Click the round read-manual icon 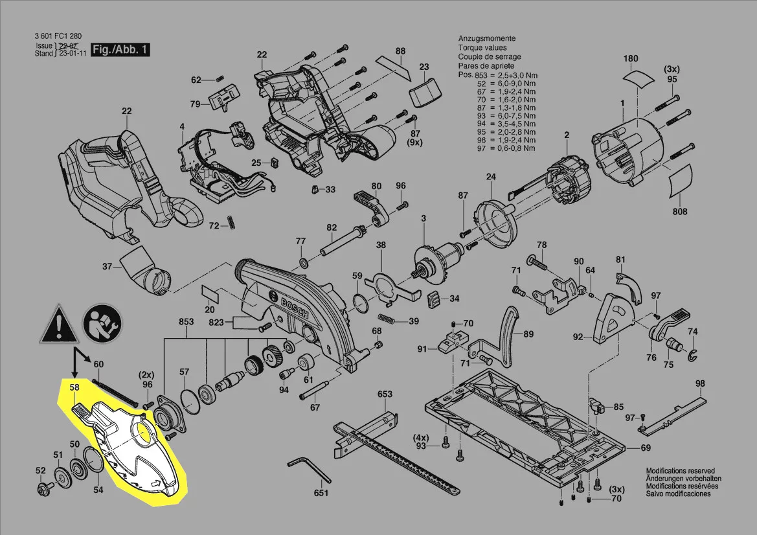100,322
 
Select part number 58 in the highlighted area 74,387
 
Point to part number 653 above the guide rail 385,394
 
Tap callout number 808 680,212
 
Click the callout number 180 631,59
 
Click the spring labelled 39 388,320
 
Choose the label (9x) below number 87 415,142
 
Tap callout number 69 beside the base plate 646,448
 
